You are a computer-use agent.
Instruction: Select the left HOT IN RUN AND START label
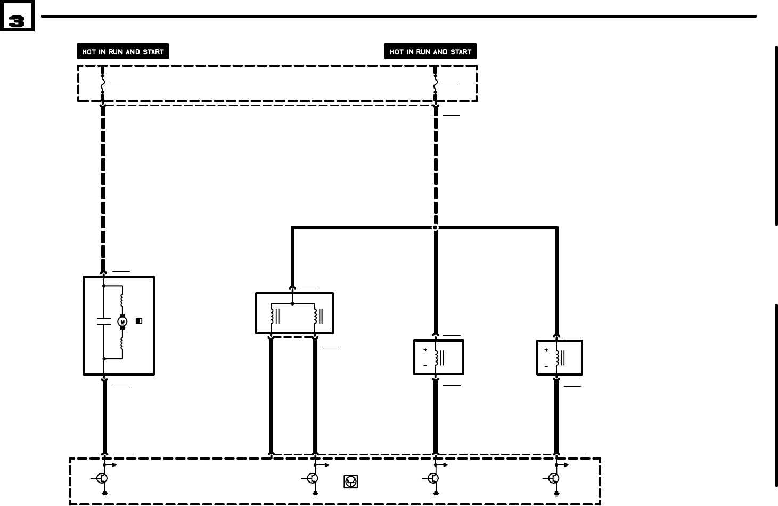tap(122, 52)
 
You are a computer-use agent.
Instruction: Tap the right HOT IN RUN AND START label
tap(430, 52)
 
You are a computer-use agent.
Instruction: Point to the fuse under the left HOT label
tap(102, 84)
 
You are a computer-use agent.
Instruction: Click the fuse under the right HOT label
tap(435, 84)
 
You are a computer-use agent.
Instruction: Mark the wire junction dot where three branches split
tap(435, 228)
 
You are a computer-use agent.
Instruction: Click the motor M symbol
tap(122, 322)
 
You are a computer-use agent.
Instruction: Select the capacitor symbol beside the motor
tap(104, 322)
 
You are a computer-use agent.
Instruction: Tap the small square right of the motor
tap(139, 321)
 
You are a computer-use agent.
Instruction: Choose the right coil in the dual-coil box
tap(315, 316)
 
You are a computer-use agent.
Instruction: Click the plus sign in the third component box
tap(425, 350)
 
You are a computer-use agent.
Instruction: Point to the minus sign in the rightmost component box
tap(546, 366)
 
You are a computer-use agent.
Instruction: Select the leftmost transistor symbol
tap(102, 478)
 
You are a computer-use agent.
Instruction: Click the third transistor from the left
tap(433, 478)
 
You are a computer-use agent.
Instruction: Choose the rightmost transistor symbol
tap(554, 478)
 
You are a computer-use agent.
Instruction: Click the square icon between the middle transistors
tap(350, 481)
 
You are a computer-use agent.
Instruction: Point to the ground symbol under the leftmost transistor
tap(105, 494)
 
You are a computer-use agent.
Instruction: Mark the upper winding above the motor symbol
tap(122, 300)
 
